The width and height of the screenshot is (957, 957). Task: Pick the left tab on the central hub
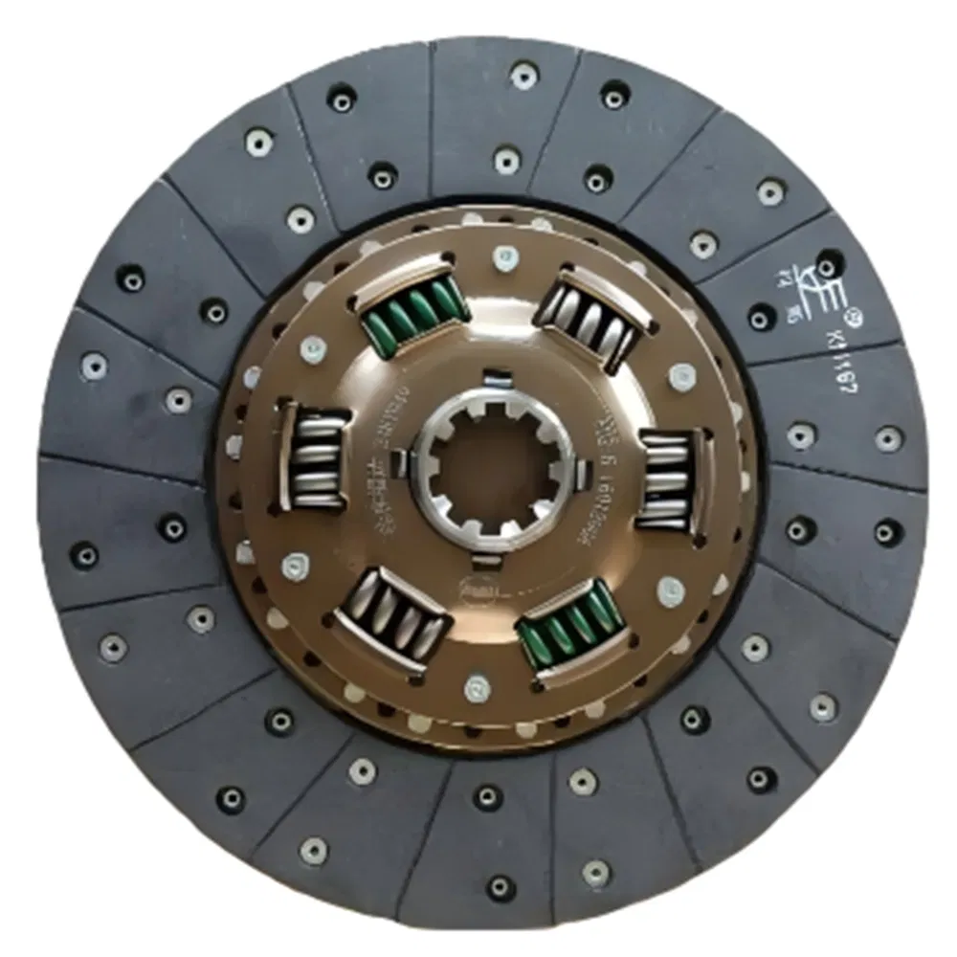[420, 469]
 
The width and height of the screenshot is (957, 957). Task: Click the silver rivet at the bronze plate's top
[504, 256]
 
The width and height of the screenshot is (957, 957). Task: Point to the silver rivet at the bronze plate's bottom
[476, 687]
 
